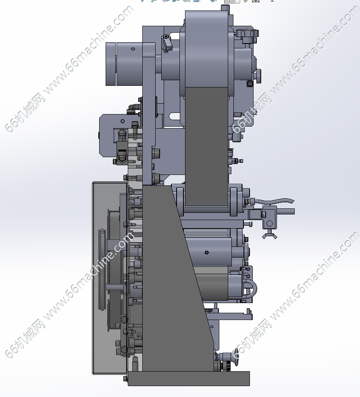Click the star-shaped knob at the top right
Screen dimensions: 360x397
pyautogui.click(x=248, y=33)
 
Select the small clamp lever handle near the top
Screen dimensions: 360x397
pyautogui.click(x=166, y=43)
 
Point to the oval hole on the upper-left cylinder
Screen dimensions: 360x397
pyautogui.click(x=133, y=49)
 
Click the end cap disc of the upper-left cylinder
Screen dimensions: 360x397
pyautogui.click(x=110, y=64)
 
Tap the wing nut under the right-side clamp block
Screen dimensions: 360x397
pyautogui.click(x=269, y=236)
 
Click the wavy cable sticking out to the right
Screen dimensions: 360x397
pyautogui.click(x=273, y=202)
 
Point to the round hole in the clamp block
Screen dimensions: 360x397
pyautogui.click(x=269, y=223)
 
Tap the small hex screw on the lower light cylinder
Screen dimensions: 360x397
pyautogui.click(x=206, y=252)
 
